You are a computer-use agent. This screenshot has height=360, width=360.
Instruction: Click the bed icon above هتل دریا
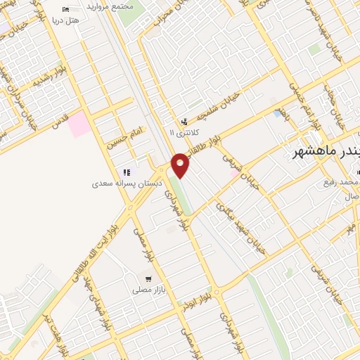[65, 9]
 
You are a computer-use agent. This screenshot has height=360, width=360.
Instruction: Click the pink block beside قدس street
[79, 124]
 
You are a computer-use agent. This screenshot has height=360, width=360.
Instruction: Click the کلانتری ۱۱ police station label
[185, 131]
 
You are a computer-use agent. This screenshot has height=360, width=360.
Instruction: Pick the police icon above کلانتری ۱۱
[184, 122]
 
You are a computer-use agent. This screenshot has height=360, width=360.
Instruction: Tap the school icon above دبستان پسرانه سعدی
[126, 172]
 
